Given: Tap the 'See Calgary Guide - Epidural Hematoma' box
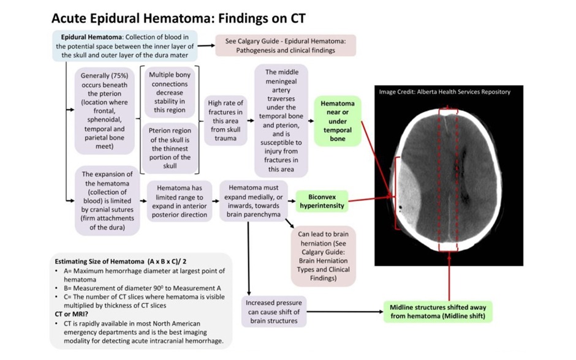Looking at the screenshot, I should click(x=286, y=45).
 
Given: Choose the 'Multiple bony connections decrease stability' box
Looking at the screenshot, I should click(x=169, y=91).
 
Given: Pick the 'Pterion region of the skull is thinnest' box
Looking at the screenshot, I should click(x=169, y=148).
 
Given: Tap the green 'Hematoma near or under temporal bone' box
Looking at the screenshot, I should click(x=337, y=121).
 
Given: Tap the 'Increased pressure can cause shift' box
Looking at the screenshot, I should click(x=273, y=311).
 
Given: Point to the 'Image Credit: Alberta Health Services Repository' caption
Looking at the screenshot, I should click(x=444, y=92).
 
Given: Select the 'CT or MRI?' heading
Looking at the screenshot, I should click(x=73, y=313).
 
